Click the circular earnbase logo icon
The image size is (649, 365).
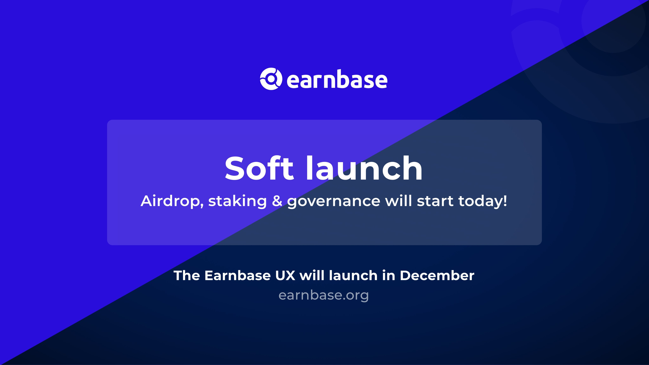click(x=271, y=79)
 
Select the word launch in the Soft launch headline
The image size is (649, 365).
click(x=364, y=168)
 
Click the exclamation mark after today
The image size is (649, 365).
click(x=505, y=201)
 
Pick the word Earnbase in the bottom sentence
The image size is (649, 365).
click(x=238, y=275)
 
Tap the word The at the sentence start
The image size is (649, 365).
click(x=187, y=275)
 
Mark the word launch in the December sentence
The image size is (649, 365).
click(x=353, y=275)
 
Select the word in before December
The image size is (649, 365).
click(x=389, y=275)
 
